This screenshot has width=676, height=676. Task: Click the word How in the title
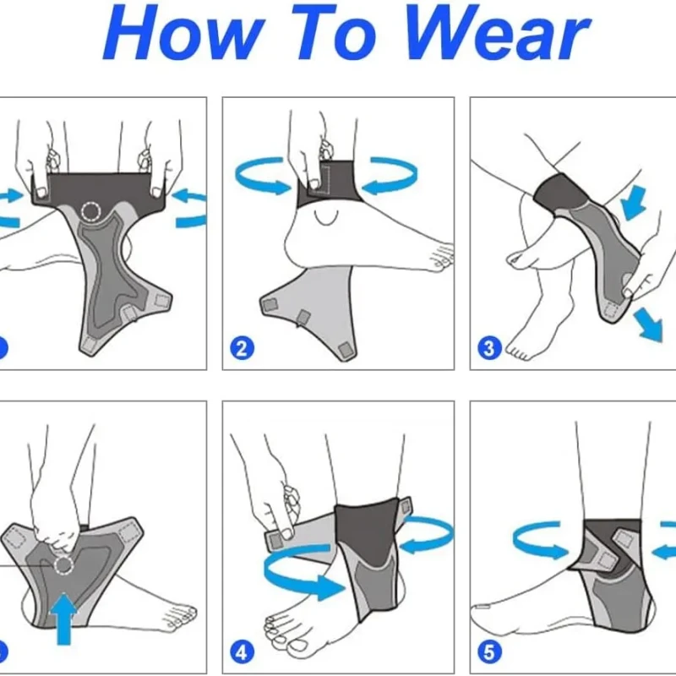coord(183,33)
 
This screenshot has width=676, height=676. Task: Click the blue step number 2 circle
coord(242,348)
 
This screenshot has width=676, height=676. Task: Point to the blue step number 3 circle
coord(490,348)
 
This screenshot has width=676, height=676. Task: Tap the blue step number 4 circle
coord(242,651)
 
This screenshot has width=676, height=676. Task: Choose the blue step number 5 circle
coord(490,651)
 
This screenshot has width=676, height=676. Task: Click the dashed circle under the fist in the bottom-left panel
coord(63,565)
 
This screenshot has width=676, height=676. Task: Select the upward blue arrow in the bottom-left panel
coord(64,619)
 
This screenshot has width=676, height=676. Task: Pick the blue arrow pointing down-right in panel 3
coord(648,324)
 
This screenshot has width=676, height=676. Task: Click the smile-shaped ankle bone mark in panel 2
coord(326,219)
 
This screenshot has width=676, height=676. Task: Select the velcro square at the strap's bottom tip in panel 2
coord(345,350)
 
